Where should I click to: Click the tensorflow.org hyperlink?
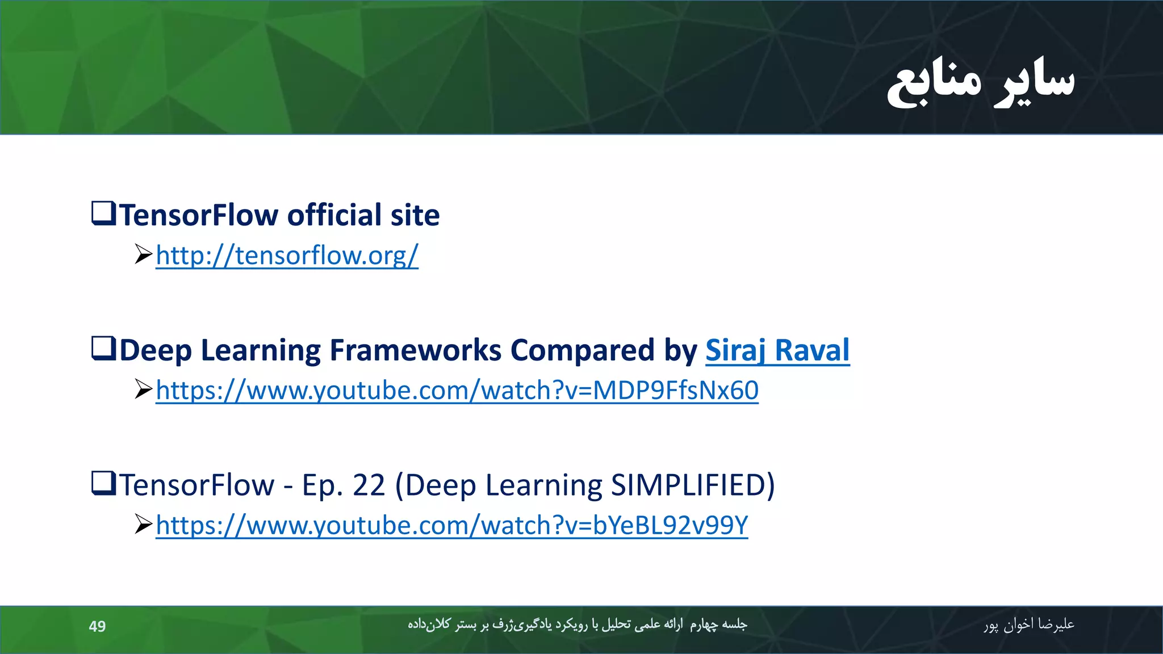tap(287, 255)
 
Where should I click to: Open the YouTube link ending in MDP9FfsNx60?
tap(457, 391)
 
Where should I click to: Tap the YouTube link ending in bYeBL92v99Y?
tap(451, 526)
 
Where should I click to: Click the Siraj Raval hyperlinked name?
tap(777, 350)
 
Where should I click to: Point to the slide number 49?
tap(97, 626)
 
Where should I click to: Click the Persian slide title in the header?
tap(981, 81)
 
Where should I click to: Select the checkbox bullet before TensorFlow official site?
tap(104, 213)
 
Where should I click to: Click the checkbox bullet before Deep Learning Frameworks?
tap(104, 348)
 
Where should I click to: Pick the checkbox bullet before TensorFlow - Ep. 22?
tap(104, 483)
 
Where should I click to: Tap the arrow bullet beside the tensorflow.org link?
tap(143, 254)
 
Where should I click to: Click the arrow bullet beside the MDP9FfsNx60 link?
tap(143, 389)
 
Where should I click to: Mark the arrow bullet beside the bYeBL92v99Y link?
tap(143, 525)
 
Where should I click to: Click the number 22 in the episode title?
tap(369, 485)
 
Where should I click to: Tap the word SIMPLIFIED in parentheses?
tap(688, 485)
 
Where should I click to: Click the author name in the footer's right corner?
tap(1028, 625)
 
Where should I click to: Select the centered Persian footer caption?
tap(577, 625)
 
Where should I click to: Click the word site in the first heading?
tap(415, 215)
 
